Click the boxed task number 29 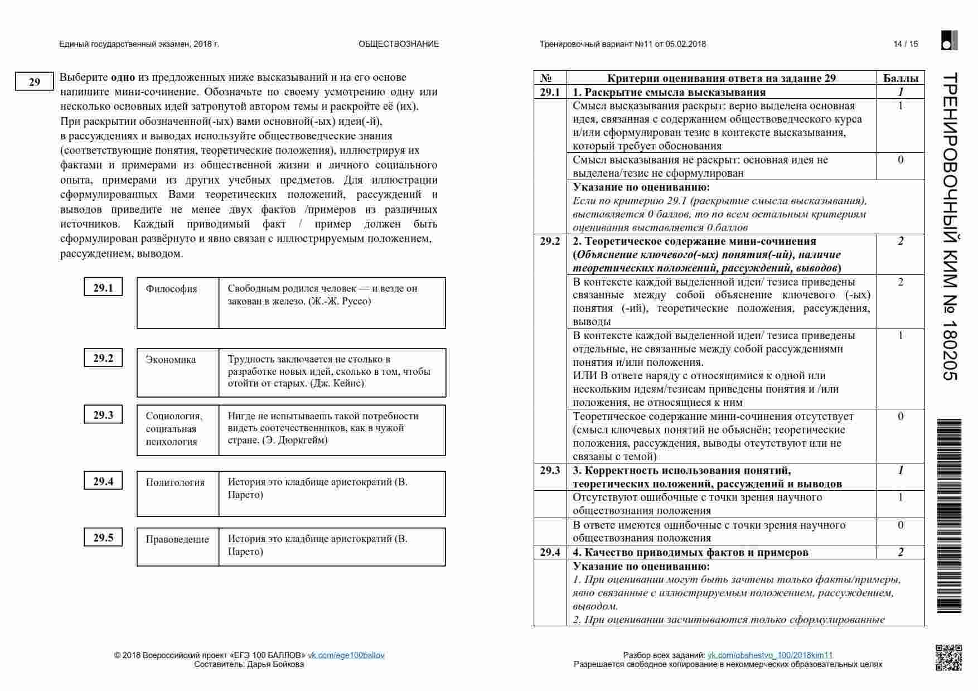(34, 82)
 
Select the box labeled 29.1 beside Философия (103, 288)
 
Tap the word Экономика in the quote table (171, 360)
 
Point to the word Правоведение (177, 539)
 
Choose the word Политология (175, 482)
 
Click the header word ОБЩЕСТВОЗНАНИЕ (399, 44)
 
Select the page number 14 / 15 (906, 44)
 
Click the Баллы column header (900, 78)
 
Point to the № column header (546, 78)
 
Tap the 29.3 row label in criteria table (550, 470)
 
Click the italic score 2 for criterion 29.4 (900, 552)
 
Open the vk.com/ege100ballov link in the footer (346, 655)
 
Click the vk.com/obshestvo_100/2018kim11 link (770, 655)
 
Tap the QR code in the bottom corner (948, 657)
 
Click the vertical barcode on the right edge (950, 516)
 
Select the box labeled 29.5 (103, 538)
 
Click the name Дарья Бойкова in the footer (275, 664)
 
